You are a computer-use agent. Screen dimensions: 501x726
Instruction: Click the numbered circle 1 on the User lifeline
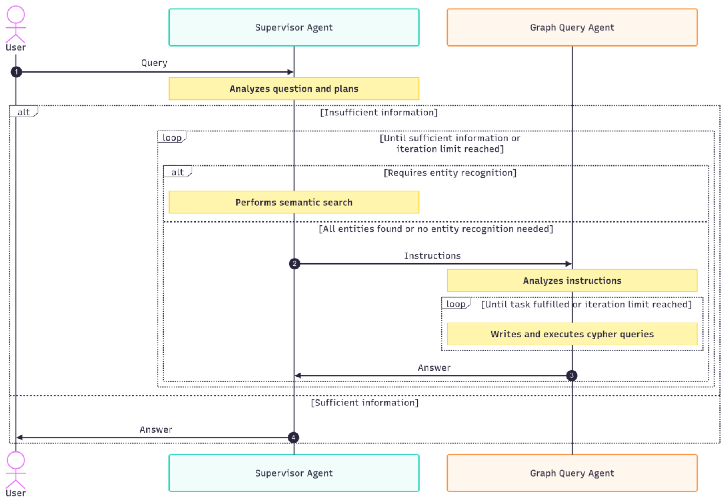pos(16,72)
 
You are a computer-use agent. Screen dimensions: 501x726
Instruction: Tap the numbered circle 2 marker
pos(294,264)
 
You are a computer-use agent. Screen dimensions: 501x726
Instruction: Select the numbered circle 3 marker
pos(572,376)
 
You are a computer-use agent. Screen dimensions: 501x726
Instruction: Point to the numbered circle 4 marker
pos(293,437)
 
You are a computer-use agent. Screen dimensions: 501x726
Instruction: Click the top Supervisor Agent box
pos(294,27)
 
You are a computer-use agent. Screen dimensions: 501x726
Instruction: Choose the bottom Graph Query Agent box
pos(572,473)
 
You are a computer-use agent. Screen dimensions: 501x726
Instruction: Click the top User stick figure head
pos(16,14)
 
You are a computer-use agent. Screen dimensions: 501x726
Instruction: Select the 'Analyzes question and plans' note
pos(294,89)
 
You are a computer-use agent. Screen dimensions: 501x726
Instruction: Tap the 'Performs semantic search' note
pos(294,203)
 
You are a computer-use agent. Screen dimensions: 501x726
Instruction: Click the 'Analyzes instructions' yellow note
pos(572,281)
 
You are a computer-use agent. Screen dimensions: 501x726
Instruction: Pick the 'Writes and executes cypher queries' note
pos(572,334)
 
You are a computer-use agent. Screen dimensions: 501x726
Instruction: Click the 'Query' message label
pos(154,63)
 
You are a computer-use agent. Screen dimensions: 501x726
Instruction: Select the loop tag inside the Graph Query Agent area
pos(456,304)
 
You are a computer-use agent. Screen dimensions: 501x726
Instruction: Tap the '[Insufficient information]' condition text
pos(378,112)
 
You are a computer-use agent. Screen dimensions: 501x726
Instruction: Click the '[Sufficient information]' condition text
pos(364,403)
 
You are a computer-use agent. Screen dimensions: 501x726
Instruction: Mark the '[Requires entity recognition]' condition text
pos(450,173)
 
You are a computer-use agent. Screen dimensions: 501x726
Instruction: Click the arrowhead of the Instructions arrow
pos(568,264)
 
